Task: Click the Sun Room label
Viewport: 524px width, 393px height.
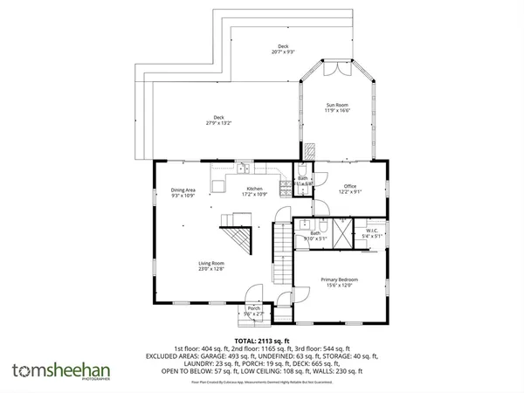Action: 336,106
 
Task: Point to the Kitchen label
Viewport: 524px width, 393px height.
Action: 254,191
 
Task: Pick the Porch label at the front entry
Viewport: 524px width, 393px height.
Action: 253,310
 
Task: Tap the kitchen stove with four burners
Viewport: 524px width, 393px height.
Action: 284,185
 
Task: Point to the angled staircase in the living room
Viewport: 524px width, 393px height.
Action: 237,237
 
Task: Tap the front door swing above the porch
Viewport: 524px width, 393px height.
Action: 253,295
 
